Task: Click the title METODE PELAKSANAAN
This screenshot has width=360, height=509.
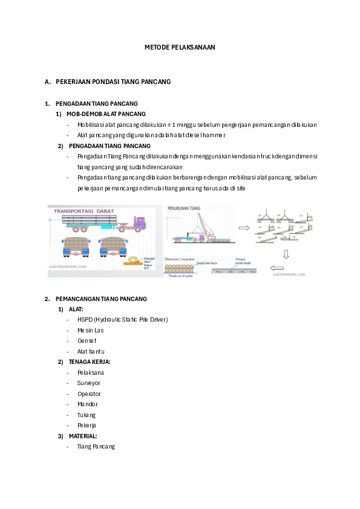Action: pyautogui.click(x=180, y=47)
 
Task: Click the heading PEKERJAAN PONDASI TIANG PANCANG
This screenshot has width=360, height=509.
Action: pyautogui.click(x=113, y=81)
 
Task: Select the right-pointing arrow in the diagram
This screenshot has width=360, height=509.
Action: pyautogui.click(x=244, y=229)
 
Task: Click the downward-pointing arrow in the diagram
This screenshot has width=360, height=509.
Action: pyautogui.click(x=286, y=254)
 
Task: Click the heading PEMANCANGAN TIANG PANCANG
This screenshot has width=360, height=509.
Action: pyautogui.click(x=100, y=299)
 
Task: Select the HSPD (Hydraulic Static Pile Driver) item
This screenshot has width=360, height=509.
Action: pyautogui.click(x=122, y=319)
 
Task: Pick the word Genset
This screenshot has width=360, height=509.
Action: pyautogui.click(x=87, y=340)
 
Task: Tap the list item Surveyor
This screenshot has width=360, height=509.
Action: pyautogui.click(x=89, y=383)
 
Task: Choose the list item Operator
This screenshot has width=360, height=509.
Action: pyautogui.click(x=89, y=394)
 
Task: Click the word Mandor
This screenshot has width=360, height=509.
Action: pyautogui.click(x=87, y=404)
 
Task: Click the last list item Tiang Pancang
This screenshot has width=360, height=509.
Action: pyautogui.click(x=96, y=447)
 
